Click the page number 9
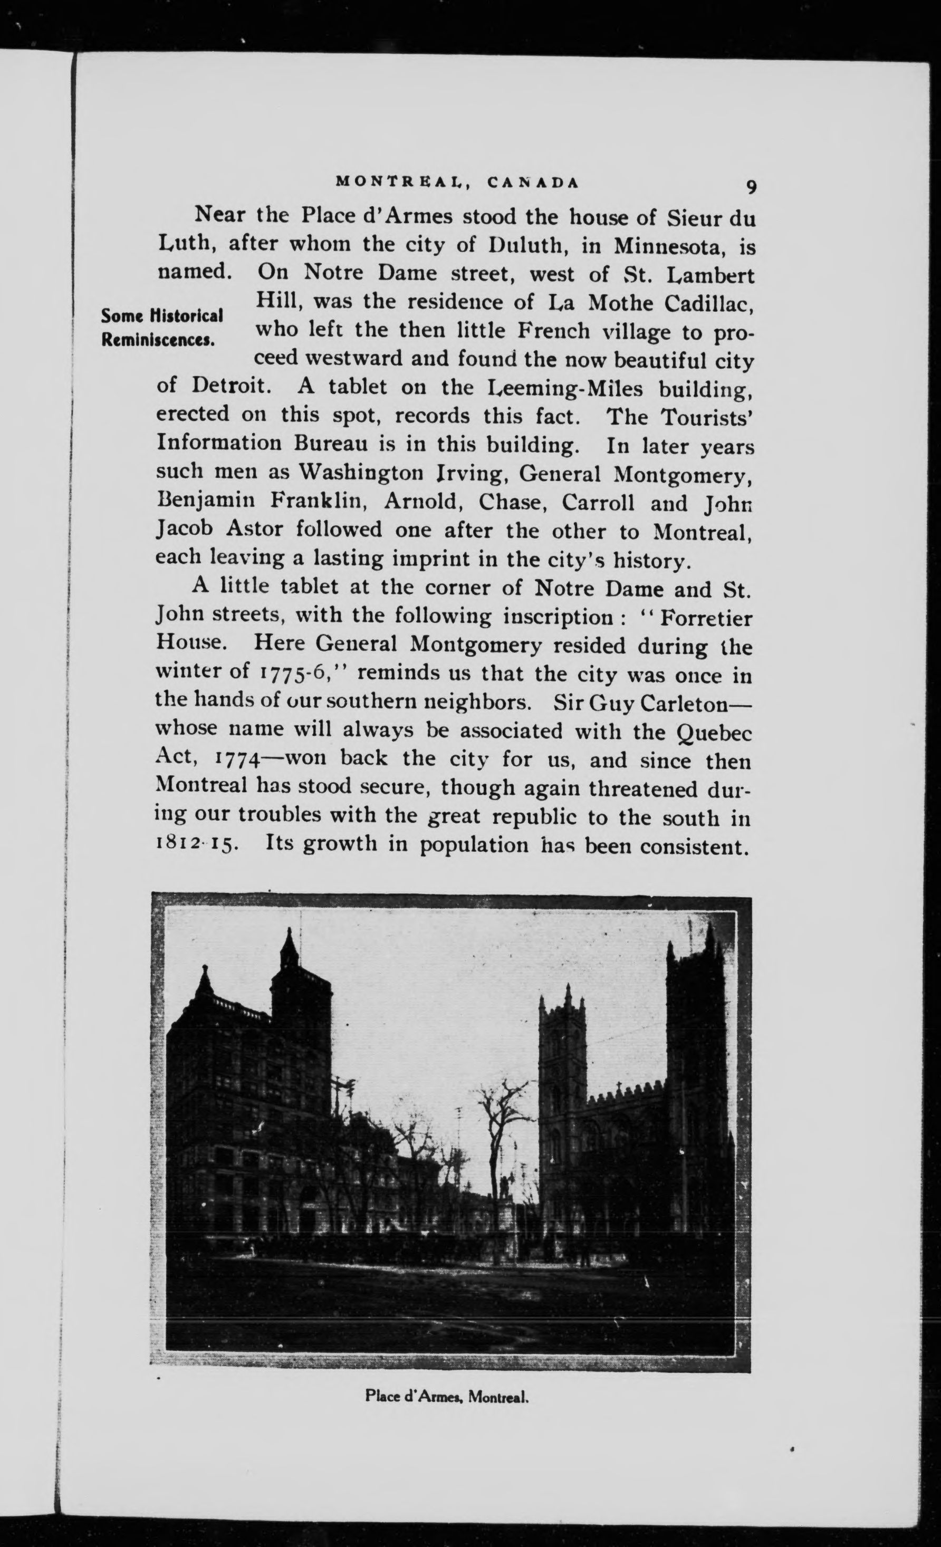click(x=751, y=187)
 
